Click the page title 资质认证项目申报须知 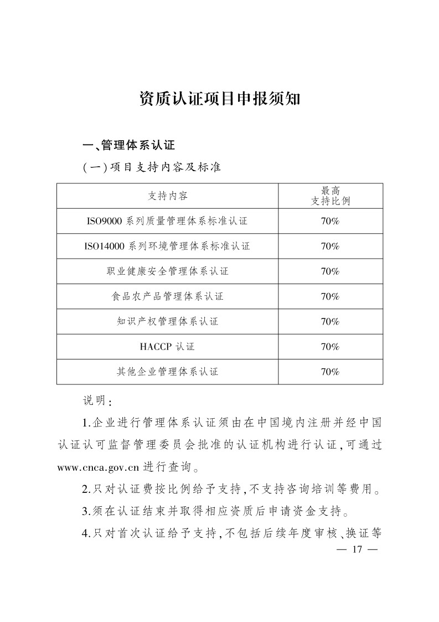click(219, 99)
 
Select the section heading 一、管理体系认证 click(128, 146)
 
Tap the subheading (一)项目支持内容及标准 click(152, 167)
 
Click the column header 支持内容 click(167, 196)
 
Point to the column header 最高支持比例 click(330, 196)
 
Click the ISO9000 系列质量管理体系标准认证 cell click(167, 221)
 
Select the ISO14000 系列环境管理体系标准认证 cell click(167, 246)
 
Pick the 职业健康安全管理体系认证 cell click(167, 271)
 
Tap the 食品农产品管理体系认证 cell click(167, 296)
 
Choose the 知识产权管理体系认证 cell click(167, 321)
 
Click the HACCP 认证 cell click(167, 347)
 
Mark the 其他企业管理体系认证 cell click(167, 372)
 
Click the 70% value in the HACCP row click(330, 347)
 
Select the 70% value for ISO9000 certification click(330, 221)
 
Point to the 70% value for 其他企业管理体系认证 click(330, 372)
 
